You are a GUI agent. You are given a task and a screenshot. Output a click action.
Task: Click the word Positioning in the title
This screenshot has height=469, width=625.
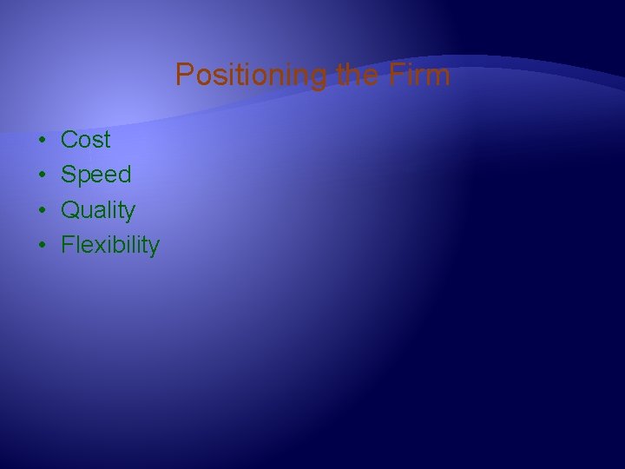249,76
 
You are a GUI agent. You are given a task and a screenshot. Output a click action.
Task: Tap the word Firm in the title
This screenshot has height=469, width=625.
421,76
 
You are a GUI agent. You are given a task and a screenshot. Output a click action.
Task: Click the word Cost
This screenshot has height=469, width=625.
86,140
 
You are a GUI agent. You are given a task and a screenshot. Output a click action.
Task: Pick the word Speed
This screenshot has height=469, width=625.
96,175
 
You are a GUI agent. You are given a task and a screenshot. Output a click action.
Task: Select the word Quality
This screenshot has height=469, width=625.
98,211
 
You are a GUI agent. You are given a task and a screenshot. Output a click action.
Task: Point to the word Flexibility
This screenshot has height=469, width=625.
110,246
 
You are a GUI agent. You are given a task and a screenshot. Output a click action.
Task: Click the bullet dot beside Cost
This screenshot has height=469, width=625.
42,140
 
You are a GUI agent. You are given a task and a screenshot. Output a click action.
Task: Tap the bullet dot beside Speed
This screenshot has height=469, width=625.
42,175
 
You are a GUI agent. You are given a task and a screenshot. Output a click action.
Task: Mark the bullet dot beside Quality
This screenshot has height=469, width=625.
42,210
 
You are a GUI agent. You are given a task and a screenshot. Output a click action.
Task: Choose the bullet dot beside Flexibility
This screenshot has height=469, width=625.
42,246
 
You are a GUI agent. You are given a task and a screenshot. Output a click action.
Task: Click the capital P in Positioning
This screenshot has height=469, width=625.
183,76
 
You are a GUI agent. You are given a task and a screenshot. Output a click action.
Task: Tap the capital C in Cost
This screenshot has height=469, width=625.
69,140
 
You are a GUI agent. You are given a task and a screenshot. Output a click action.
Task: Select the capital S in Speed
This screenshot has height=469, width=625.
69,175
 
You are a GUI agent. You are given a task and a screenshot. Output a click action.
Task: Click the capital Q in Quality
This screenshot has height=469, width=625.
69,210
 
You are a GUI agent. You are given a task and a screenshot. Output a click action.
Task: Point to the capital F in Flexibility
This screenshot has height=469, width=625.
68,246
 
